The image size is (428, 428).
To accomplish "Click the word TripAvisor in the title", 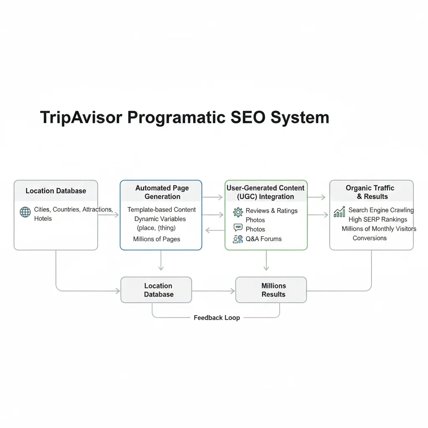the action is point(81,117).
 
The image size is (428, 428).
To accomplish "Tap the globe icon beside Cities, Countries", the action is point(25,212).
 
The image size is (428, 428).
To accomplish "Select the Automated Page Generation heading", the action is point(162,192).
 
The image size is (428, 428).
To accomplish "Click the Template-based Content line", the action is point(161,210).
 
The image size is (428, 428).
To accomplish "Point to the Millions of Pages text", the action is point(156,239).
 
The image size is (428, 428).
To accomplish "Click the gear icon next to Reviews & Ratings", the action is point(238,212).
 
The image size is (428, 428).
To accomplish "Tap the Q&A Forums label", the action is point(263,239).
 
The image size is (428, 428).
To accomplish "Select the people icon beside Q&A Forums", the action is point(238,239).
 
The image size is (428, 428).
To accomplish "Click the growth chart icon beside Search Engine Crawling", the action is point(339,212).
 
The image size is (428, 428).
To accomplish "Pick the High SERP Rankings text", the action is point(377,219).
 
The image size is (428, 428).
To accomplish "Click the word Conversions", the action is point(369,238).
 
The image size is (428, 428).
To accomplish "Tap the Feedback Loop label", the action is point(217,318).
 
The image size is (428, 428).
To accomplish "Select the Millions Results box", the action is point(271,290).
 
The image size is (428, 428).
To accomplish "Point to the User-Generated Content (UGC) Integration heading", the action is point(265,192).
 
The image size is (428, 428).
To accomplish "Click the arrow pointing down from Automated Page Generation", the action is point(161,260).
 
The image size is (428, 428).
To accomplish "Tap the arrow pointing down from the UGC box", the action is point(266,260).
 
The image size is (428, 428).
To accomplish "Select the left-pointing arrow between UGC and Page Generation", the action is point(215,230).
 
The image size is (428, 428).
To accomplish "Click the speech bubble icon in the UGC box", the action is point(238,227).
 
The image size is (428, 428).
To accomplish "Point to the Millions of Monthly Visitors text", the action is point(379,229).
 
